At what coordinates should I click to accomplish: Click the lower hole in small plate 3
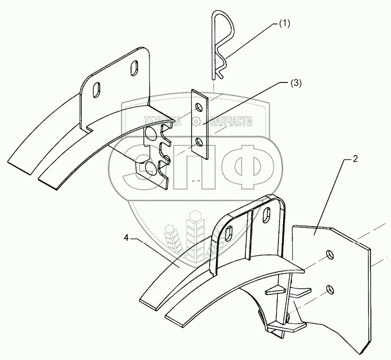[x=200, y=142]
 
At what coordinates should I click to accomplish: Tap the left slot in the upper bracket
[x=97, y=89]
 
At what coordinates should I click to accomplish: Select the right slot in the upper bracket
[x=134, y=69]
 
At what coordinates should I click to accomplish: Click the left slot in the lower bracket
[x=230, y=234]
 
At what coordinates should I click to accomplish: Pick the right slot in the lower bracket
[x=268, y=213]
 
